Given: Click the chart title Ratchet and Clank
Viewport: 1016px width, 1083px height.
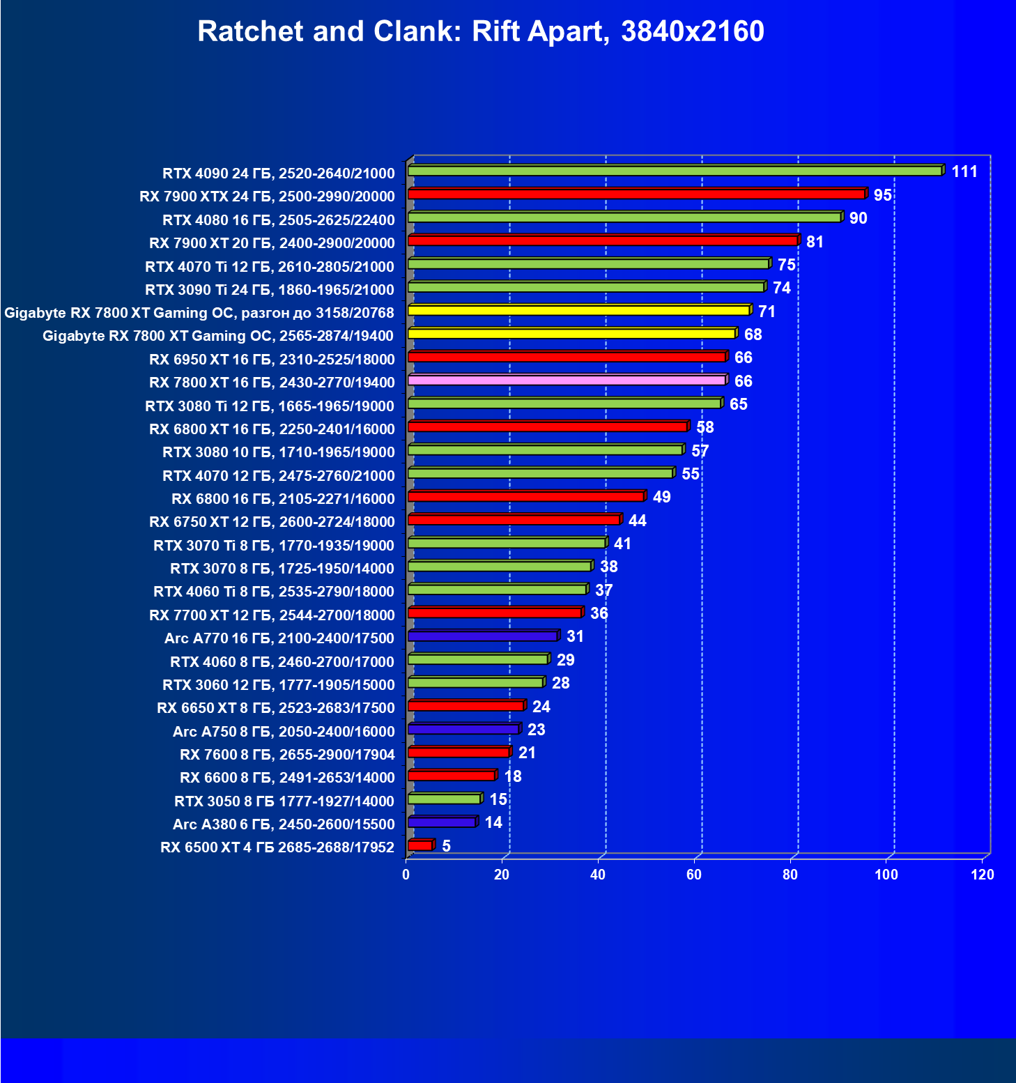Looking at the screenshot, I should click(x=481, y=31).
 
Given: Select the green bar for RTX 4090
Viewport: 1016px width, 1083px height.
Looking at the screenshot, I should click(x=675, y=171).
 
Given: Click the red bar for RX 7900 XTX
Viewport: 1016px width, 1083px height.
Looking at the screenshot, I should click(x=636, y=194).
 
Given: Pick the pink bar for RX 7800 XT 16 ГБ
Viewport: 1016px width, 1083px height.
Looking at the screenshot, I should click(x=567, y=380).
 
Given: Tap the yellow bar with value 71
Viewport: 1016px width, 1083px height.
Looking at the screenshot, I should click(x=578, y=310).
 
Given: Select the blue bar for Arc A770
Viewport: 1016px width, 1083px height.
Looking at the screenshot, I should click(x=482, y=636).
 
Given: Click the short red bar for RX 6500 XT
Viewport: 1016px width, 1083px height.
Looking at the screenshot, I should click(x=420, y=845).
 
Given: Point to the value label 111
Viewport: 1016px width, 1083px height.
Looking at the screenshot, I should click(x=964, y=171).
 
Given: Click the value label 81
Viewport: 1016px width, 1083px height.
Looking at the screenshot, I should click(x=815, y=242).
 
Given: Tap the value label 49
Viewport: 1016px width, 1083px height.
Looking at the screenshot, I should click(x=661, y=497).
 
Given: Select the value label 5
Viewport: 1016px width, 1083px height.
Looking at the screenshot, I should click(x=446, y=846).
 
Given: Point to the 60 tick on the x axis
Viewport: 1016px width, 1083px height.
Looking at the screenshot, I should click(x=694, y=875).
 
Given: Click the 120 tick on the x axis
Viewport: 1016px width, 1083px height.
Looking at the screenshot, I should click(x=983, y=875).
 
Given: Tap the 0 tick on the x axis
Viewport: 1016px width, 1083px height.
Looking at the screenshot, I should click(x=406, y=875).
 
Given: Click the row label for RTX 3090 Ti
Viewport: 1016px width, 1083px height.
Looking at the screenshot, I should click(x=269, y=289).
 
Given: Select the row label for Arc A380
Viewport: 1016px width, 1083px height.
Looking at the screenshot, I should click(x=284, y=824).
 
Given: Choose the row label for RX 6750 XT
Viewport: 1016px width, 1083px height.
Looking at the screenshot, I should click(x=272, y=521).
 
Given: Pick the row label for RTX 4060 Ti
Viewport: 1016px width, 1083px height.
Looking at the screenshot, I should click(x=273, y=591).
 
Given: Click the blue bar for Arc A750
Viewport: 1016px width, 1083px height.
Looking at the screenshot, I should click(x=463, y=729).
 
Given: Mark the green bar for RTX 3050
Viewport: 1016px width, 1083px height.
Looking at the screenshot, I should click(x=444, y=799).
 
